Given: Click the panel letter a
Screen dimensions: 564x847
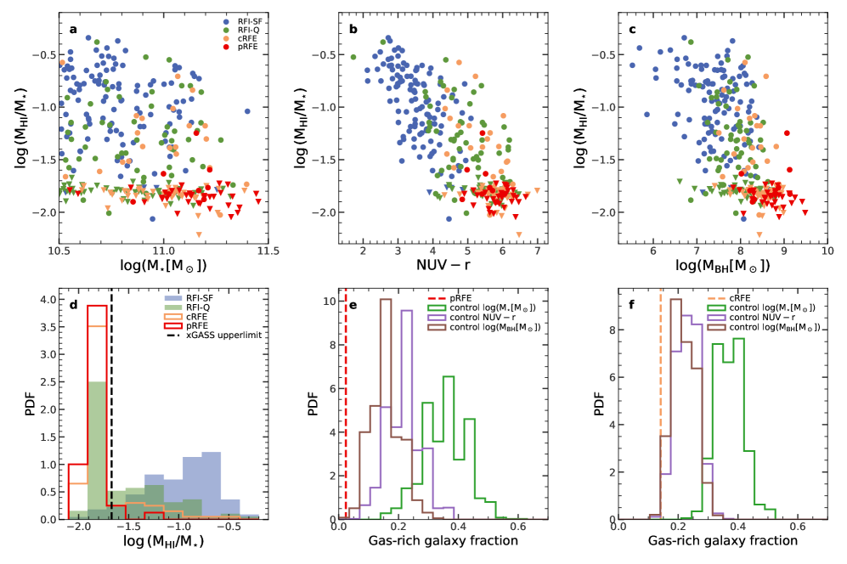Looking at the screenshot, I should tap(73, 30).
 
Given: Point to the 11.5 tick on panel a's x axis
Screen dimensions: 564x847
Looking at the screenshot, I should tap(268, 252).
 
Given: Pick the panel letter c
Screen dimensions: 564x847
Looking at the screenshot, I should tap(633, 30).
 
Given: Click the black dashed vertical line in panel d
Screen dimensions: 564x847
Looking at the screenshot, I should tap(111, 408).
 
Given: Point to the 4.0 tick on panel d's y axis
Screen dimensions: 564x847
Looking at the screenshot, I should tap(48, 300).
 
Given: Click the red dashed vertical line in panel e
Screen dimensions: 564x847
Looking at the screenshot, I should tap(346, 408).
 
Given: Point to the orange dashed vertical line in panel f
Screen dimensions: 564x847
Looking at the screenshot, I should tap(660, 408).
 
